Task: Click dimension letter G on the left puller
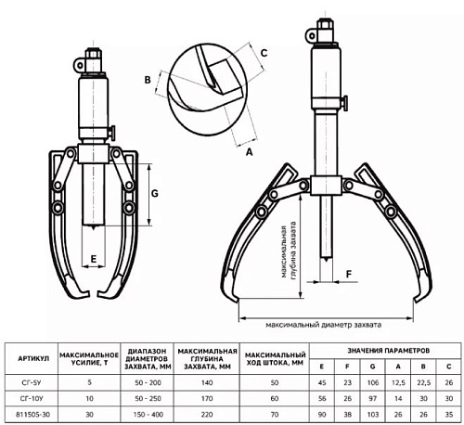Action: [x=154, y=194]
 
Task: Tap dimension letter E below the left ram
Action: [x=94, y=259]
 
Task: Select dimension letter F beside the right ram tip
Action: [x=349, y=274]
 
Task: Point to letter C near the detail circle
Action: [x=264, y=53]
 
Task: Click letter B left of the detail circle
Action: [x=148, y=80]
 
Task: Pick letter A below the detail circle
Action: [x=249, y=152]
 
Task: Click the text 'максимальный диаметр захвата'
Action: [x=324, y=325]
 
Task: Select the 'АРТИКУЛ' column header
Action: [x=33, y=358]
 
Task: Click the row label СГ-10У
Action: [x=32, y=399]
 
